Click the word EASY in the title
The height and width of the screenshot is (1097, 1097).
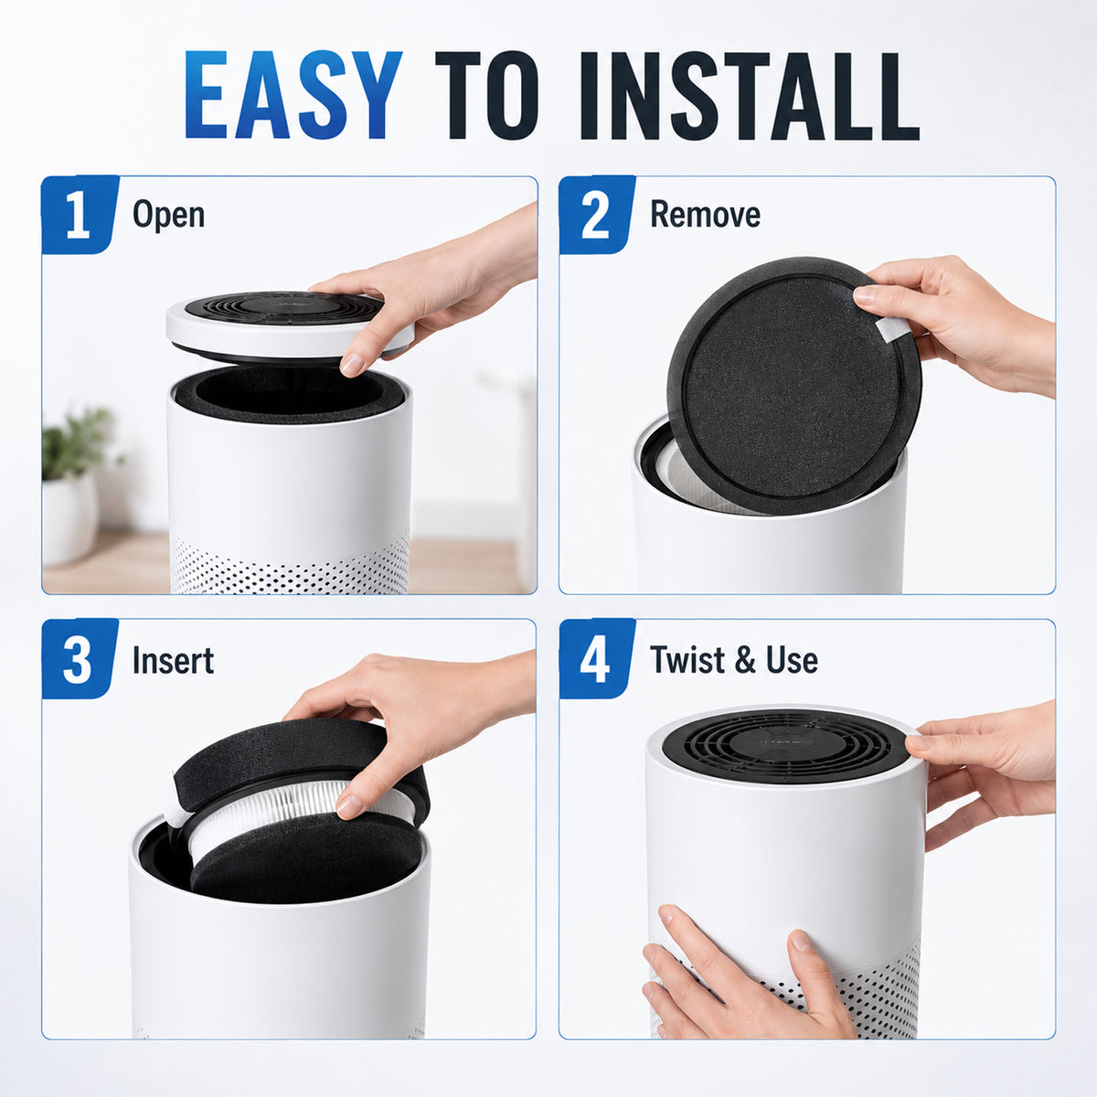293,95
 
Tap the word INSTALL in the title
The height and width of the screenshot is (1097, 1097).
750,95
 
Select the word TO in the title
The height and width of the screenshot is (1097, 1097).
486,95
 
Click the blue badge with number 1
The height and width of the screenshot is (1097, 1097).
80,215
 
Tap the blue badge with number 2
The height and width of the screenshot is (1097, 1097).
597,215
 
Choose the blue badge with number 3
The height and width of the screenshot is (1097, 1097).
80,659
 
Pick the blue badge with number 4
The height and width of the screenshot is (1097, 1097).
597,659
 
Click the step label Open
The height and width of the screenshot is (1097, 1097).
168,215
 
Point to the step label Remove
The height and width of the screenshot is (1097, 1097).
706,214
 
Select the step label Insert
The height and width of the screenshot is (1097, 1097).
173,660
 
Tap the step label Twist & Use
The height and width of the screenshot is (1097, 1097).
734,660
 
